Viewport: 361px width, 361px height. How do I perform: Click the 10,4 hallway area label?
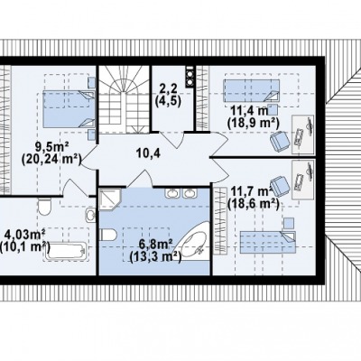pyautogui.click(x=149, y=153)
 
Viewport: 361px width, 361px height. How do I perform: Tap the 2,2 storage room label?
pyautogui.click(x=168, y=89)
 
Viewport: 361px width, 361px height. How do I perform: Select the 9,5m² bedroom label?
pyautogui.click(x=51, y=147)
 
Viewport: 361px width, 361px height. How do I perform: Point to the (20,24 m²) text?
pyautogui.click(x=51, y=159)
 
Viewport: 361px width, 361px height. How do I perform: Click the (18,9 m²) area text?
pyautogui.click(x=254, y=123)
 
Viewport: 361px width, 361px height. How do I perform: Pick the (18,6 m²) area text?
pyautogui.click(x=254, y=205)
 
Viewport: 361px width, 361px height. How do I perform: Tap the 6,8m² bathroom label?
pyautogui.click(x=155, y=245)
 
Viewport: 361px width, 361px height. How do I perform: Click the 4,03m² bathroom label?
pyautogui.click(x=24, y=234)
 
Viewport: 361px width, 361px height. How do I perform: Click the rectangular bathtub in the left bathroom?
pyautogui.click(x=66, y=252)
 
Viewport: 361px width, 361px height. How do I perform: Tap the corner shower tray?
pyautogui.click(x=110, y=199)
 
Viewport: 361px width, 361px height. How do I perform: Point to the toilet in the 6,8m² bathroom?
pyautogui.click(x=108, y=235)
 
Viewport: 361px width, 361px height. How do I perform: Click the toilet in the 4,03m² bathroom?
pyautogui.click(x=44, y=207)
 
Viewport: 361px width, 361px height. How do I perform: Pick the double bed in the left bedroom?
pyautogui.click(x=69, y=109)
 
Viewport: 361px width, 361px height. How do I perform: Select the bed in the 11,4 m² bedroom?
pyautogui.click(x=251, y=90)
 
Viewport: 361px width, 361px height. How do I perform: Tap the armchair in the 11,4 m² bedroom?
pyautogui.click(x=280, y=141)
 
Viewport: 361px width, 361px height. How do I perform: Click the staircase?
pyautogui.click(x=125, y=100)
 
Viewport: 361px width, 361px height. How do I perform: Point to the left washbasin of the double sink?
pyautogui.click(x=171, y=193)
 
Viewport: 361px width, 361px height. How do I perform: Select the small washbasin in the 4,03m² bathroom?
pyautogui.click(x=90, y=215)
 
